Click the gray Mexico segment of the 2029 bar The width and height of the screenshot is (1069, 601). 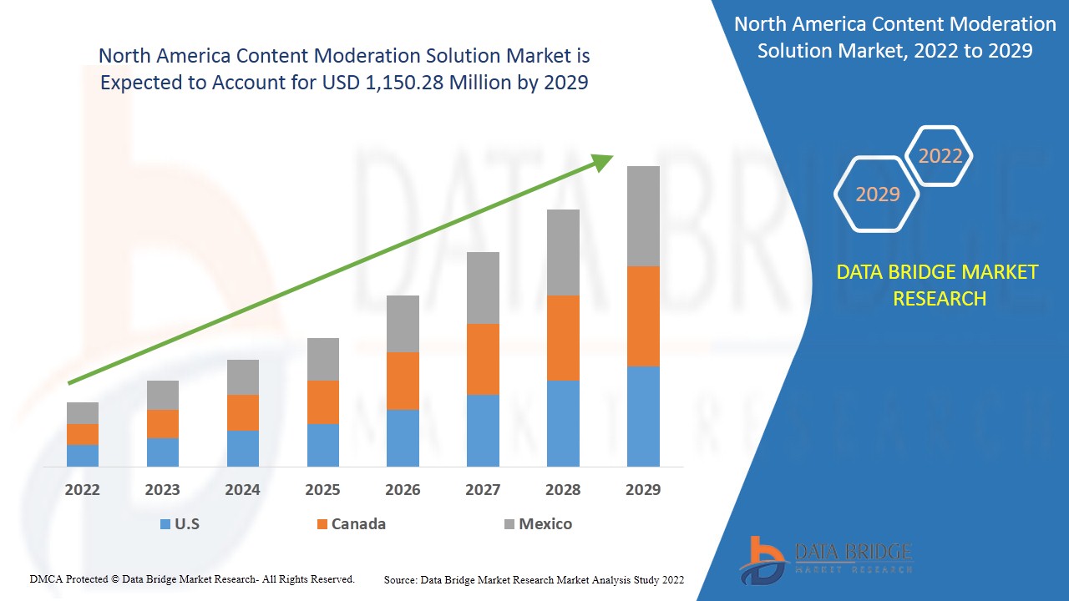[x=643, y=216]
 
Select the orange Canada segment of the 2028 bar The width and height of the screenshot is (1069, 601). [x=563, y=338]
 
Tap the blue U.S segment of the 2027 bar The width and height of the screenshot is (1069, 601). [x=483, y=430]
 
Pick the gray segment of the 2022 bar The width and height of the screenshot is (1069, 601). [x=83, y=413]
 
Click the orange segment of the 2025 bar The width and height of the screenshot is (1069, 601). [x=323, y=402]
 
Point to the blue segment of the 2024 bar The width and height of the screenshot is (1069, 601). [x=243, y=448]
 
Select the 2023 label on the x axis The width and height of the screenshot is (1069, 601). [x=162, y=490]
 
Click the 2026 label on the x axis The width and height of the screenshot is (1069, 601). [x=403, y=490]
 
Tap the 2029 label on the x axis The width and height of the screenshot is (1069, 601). [x=643, y=490]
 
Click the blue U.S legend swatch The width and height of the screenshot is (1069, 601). [x=165, y=524]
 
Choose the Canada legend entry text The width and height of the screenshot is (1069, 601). [x=358, y=524]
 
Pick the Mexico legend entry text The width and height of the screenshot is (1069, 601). [x=545, y=524]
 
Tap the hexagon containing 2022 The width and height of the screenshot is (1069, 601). [x=940, y=156]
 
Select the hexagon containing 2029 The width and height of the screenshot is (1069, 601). [x=878, y=194]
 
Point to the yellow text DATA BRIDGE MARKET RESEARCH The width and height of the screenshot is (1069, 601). [x=939, y=285]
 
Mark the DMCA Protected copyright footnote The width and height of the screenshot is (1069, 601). [x=192, y=578]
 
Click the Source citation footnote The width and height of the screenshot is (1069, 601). [x=534, y=579]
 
